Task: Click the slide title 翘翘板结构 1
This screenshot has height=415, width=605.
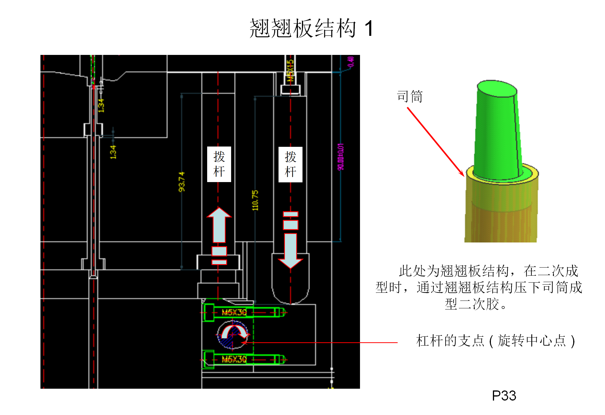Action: tap(311, 28)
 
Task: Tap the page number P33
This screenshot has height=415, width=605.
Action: tap(504, 395)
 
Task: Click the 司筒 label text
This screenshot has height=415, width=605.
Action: tap(409, 96)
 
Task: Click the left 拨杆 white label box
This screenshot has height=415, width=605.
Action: tap(219, 164)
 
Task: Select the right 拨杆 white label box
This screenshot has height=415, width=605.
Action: tap(290, 164)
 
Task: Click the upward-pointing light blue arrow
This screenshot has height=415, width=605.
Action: tap(219, 225)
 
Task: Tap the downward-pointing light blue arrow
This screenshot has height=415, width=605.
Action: tap(290, 249)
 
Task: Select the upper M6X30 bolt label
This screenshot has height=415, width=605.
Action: tap(234, 312)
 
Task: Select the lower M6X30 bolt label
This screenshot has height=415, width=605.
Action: tap(234, 359)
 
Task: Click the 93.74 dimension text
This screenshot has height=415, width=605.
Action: tap(181, 182)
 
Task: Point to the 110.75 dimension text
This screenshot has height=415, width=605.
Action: tap(255, 200)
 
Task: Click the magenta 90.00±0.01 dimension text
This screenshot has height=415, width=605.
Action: tap(341, 157)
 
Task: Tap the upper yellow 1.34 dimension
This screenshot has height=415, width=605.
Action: tap(101, 105)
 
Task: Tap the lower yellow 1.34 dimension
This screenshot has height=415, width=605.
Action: tap(113, 152)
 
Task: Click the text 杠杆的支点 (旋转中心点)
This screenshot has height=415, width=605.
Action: tap(495, 341)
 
